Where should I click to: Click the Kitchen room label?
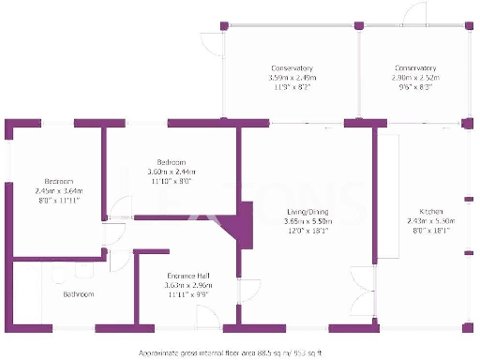point(417,212)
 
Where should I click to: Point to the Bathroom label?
point(79,294)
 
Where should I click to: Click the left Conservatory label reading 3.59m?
point(292,68)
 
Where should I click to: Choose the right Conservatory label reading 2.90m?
point(414,68)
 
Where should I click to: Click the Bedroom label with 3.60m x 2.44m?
point(172,163)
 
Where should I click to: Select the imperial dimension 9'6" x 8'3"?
point(414,87)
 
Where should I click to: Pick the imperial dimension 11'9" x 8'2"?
point(292,87)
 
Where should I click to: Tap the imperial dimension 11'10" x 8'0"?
point(172,182)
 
